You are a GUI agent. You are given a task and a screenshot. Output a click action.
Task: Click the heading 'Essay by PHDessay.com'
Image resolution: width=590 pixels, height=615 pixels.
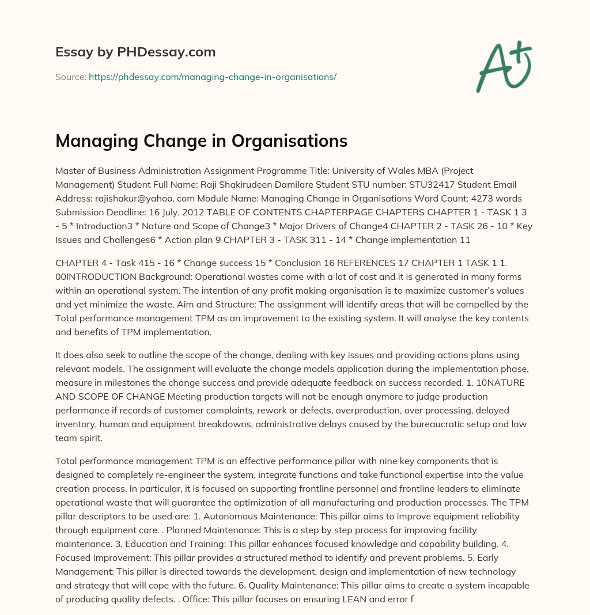[x=135, y=52]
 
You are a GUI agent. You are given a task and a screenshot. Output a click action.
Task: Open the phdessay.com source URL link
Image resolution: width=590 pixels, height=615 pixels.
[x=212, y=77]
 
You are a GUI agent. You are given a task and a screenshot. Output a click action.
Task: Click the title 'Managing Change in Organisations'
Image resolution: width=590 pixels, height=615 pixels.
[x=201, y=141]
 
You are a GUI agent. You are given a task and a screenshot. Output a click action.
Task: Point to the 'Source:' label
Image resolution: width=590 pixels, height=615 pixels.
[x=70, y=77]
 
